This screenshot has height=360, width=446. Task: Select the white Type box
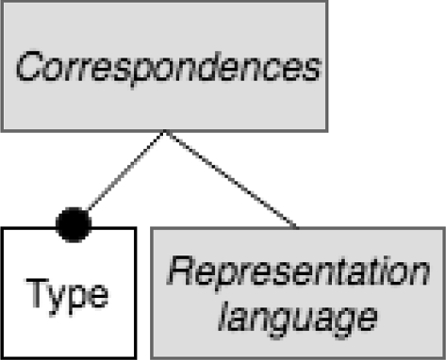68,291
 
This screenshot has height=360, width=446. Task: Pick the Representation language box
298,292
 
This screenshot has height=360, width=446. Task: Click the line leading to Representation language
231,178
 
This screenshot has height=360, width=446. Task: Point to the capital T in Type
35,293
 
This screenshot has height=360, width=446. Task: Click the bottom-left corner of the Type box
3,356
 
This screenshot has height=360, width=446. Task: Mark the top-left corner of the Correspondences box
3,3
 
